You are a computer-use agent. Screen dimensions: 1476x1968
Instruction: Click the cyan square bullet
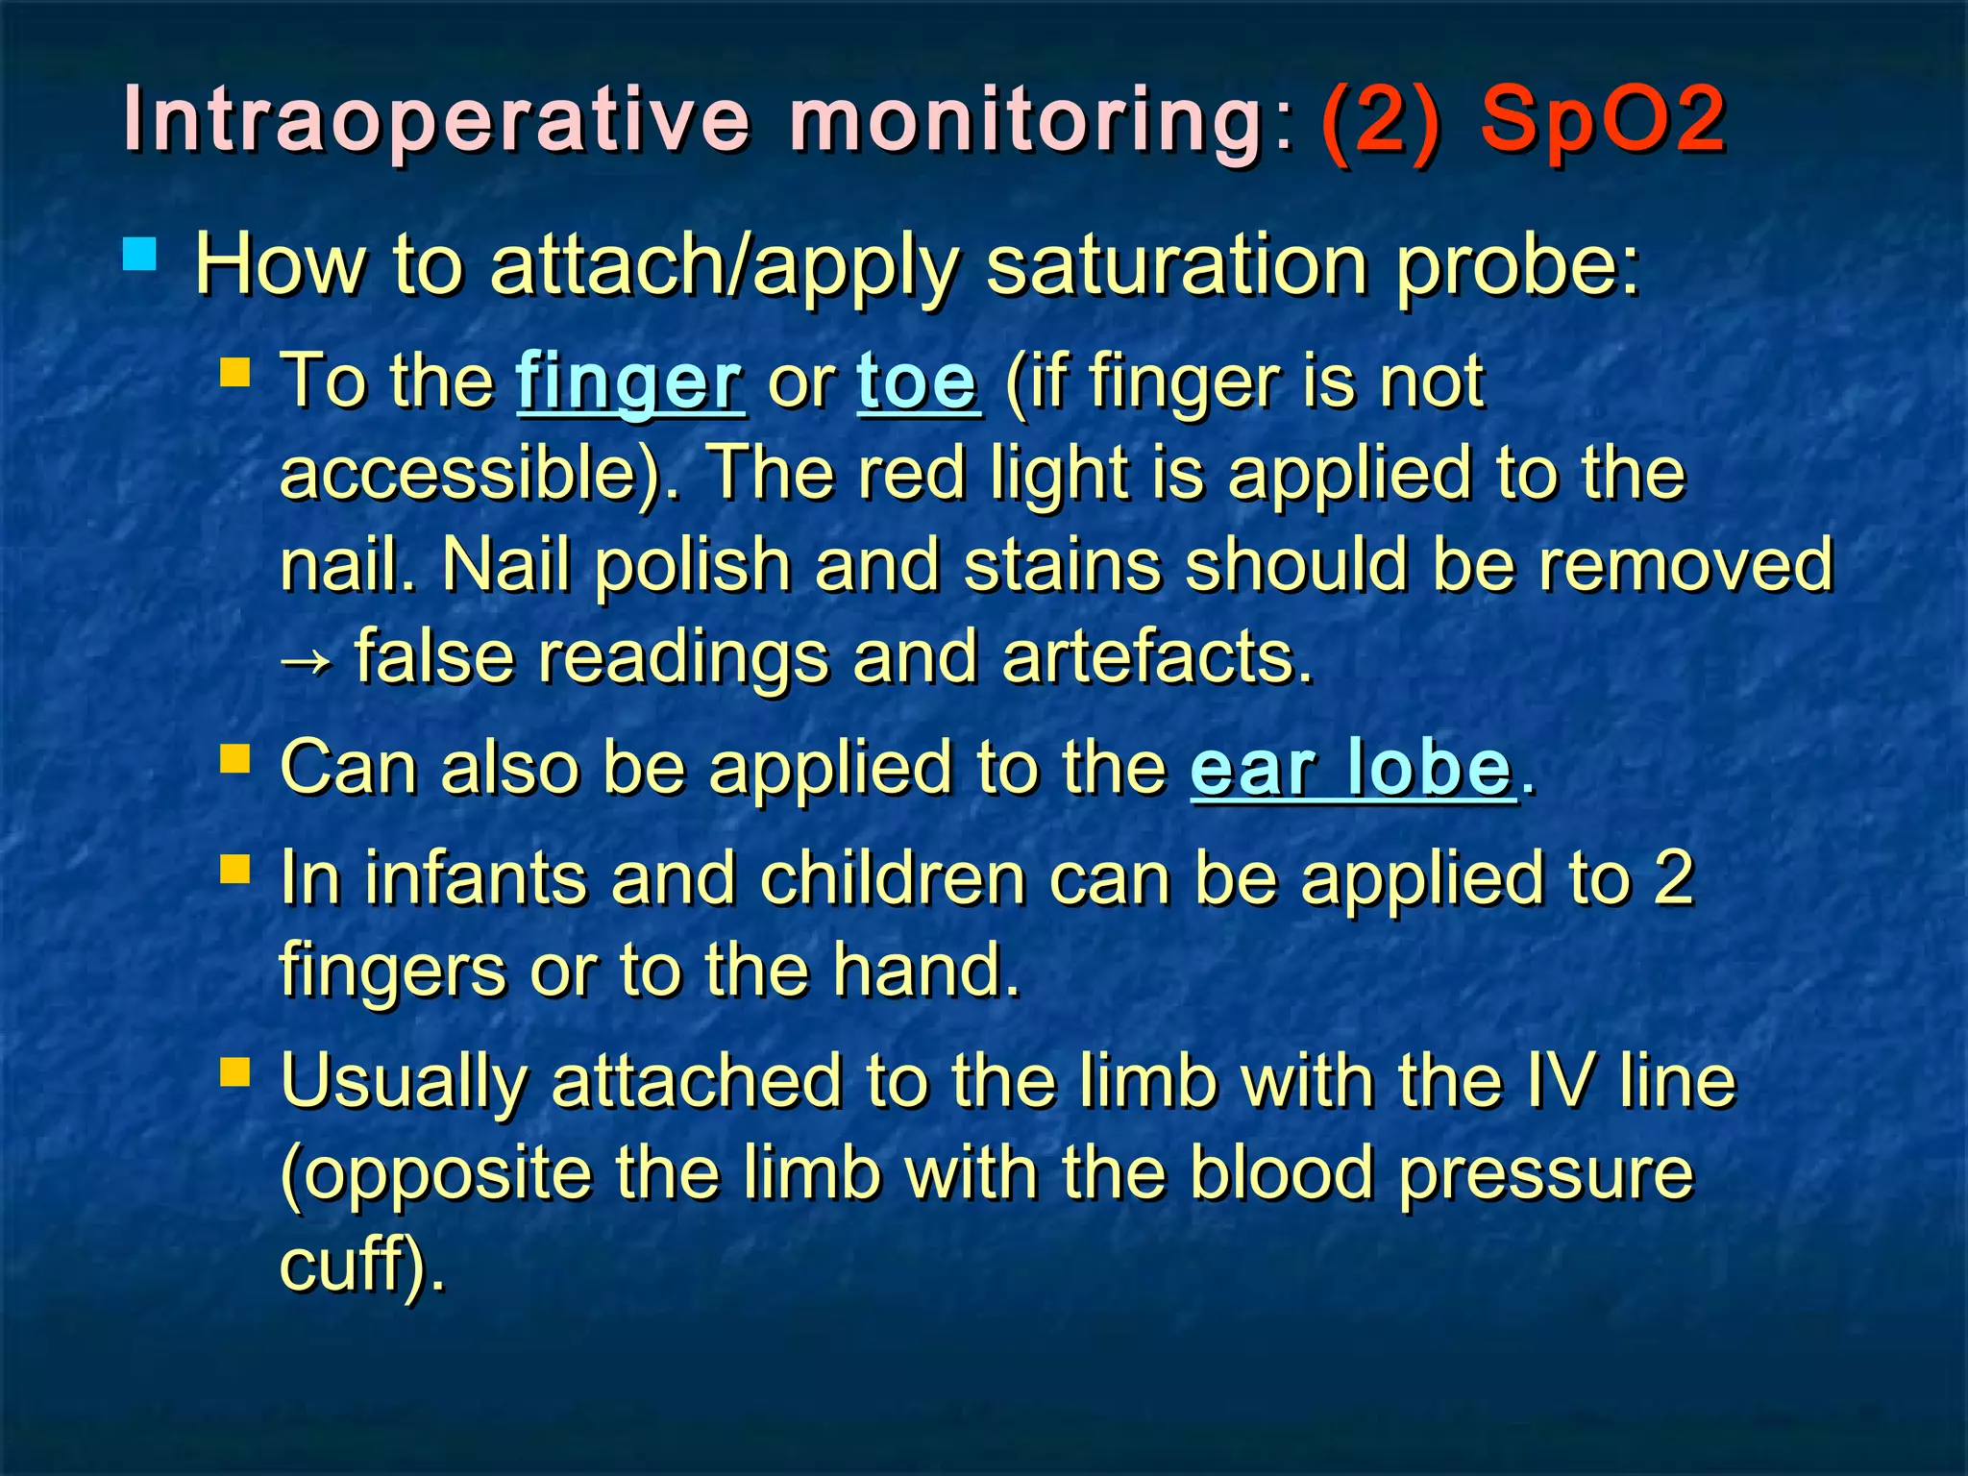140,256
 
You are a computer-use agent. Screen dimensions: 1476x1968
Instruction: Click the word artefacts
1156,658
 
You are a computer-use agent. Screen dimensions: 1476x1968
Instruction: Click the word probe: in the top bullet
1518,266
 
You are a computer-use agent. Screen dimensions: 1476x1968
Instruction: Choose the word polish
691,567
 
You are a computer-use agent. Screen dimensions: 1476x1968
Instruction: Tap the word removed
1685,565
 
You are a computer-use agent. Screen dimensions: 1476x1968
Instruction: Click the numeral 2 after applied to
1673,878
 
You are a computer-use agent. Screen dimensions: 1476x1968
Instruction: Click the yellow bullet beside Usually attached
235,1071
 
